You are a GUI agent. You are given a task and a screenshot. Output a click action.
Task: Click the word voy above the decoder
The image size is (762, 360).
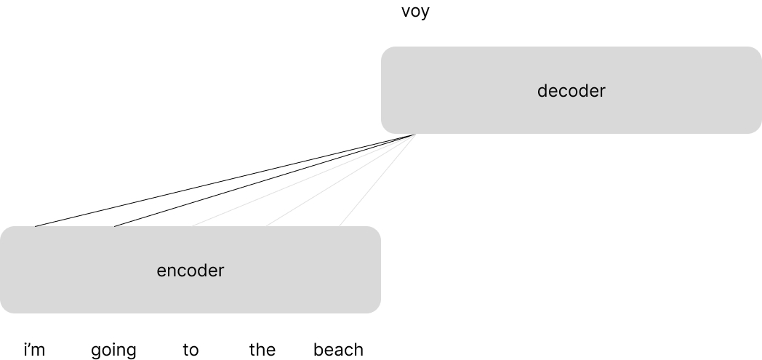click(415, 12)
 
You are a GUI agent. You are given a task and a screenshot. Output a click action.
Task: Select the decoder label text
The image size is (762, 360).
click(571, 91)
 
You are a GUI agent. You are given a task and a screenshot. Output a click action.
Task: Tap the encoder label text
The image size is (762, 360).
click(190, 271)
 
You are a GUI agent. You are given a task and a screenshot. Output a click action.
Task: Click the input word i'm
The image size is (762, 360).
click(34, 350)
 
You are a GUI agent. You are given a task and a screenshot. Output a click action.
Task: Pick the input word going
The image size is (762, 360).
click(113, 351)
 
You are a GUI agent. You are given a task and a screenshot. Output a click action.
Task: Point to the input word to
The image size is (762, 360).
click(190, 350)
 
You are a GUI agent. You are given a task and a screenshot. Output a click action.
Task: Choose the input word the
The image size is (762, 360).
click(262, 350)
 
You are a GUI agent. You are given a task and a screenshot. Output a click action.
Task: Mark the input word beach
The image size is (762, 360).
click(338, 350)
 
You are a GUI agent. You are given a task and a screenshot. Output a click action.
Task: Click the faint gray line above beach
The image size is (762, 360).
click(377, 181)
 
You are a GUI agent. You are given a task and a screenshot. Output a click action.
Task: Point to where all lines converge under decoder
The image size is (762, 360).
click(414, 135)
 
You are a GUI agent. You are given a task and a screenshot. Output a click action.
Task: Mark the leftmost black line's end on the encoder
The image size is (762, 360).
click(36, 226)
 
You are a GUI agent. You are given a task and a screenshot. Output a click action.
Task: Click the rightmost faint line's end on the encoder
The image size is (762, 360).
click(340, 225)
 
